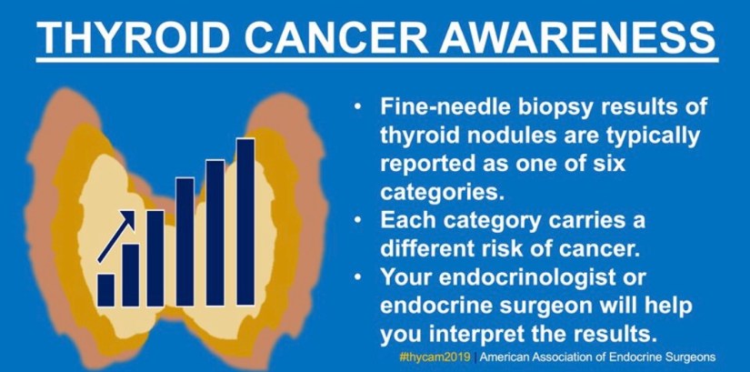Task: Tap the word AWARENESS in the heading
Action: point(577,38)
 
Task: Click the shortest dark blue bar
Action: point(105,290)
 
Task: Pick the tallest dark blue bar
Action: point(245,222)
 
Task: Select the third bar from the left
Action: point(155,258)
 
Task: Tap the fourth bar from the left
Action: point(185,242)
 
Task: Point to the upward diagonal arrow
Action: point(116,236)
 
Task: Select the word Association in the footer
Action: point(587,357)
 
